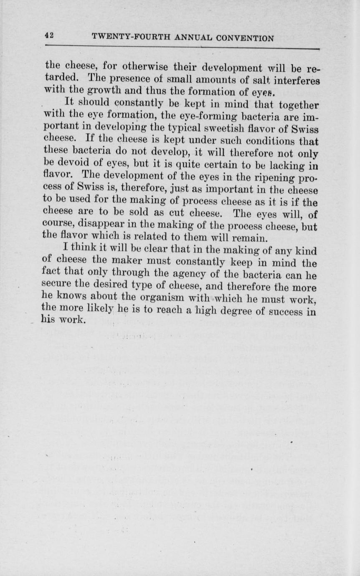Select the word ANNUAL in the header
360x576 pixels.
pos(194,38)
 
